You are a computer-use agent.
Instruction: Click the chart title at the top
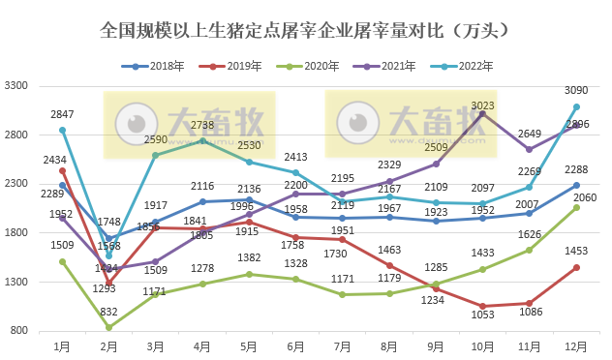(305, 30)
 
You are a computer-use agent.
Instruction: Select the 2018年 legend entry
(156, 67)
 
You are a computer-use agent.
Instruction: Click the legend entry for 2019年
(232, 67)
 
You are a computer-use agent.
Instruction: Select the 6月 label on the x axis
(295, 344)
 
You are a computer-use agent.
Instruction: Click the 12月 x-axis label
(575, 344)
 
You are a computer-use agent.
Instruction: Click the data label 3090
(576, 91)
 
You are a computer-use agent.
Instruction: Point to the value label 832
(108, 312)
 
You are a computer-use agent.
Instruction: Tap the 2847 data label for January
(63, 115)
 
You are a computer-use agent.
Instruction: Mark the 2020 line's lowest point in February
(108, 327)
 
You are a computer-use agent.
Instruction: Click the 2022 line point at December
(576, 106)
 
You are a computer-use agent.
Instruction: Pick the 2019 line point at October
(482, 306)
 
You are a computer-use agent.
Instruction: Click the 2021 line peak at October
(482, 113)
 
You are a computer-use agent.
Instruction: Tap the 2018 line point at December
(576, 185)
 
